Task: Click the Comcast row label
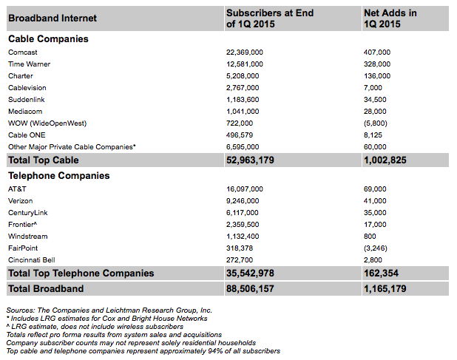tap(23, 52)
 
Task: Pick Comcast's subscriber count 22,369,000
tap(245, 52)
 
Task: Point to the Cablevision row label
tap(27, 88)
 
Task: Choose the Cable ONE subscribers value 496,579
tap(240, 135)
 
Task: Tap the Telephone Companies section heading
tap(58, 176)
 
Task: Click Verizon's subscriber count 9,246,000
tap(243, 201)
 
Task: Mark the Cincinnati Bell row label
tap(31, 260)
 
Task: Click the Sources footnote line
tap(109, 310)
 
